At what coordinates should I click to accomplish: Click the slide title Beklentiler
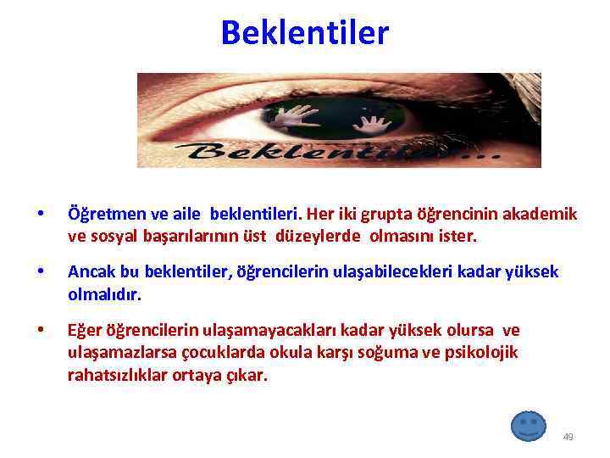pyautogui.click(x=304, y=33)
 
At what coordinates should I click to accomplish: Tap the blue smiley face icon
pyautogui.click(x=529, y=425)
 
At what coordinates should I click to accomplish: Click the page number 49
pyautogui.click(x=568, y=437)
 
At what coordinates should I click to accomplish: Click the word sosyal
pyautogui.click(x=112, y=236)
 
